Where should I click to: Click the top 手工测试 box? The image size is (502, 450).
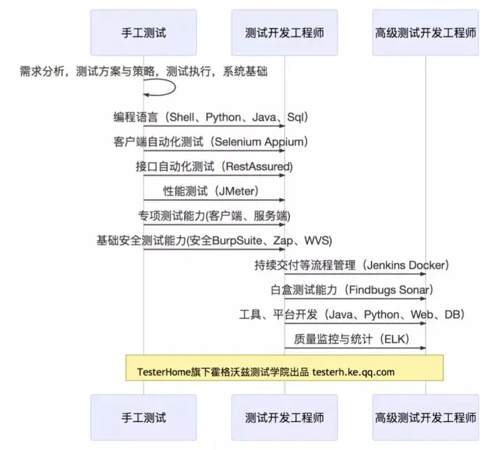[x=144, y=32]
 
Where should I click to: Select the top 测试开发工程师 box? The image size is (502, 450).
[x=284, y=32]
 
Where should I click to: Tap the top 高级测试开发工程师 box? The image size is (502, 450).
[x=425, y=32]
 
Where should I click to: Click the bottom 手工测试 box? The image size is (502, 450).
[x=144, y=417]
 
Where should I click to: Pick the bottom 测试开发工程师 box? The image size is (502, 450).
[x=284, y=417]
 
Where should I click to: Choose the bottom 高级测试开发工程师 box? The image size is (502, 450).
[x=425, y=417]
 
